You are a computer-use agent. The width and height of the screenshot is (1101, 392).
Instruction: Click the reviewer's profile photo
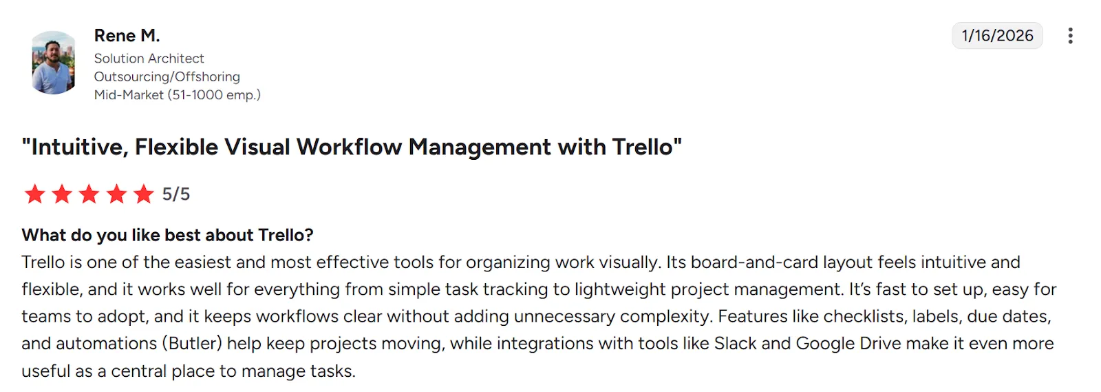pyautogui.click(x=53, y=63)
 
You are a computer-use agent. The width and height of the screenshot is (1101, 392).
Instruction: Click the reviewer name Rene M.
pyautogui.click(x=127, y=35)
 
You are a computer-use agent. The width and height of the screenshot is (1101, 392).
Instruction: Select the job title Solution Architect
pyautogui.click(x=149, y=59)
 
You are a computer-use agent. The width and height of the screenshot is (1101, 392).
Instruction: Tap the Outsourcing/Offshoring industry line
pyautogui.click(x=167, y=76)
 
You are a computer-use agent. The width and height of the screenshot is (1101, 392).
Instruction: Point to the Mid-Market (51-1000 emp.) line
pyautogui.click(x=177, y=94)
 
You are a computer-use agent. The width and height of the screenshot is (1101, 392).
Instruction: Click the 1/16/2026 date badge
pyautogui.click(x=996, y=36)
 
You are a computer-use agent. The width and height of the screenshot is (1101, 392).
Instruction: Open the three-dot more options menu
pyautogui.click(x=1069, y=36)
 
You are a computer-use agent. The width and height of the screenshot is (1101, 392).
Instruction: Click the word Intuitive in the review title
pyautogui.click(x=79, y=147)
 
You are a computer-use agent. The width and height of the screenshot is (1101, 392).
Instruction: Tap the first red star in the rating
pyautogui.click(x=34, y=194)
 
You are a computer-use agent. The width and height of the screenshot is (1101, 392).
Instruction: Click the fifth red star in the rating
pyautogui.click(x=143, y=194)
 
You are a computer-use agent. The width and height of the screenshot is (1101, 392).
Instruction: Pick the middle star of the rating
pyautogui.click(x=89, y=194)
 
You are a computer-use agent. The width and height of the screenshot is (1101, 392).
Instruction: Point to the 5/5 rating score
pyautogui.click(x=175, y=194)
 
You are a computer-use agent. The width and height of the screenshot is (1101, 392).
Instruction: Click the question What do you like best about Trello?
pyautogui.click(x=167, y=235)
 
